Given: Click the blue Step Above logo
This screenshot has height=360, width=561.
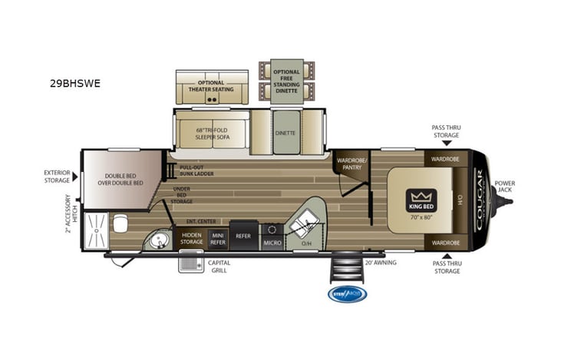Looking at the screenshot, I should pyautogui.click(x=347, y=293).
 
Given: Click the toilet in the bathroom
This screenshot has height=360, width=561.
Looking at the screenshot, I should pyautogui.click(x=120, y=224).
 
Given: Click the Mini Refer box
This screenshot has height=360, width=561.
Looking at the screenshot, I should pyautogui.click(x=218, y=239).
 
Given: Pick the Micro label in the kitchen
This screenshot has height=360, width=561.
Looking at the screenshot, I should pyautogui.click(x=271, y=243).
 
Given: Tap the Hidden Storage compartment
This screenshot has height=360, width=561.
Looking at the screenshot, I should pyautogui.click(x=192, y=239).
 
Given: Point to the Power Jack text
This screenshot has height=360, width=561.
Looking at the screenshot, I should pyautogui.click(x=504, y=187).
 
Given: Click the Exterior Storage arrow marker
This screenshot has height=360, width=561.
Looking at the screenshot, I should pyautogui.click(x=74, y=177).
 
